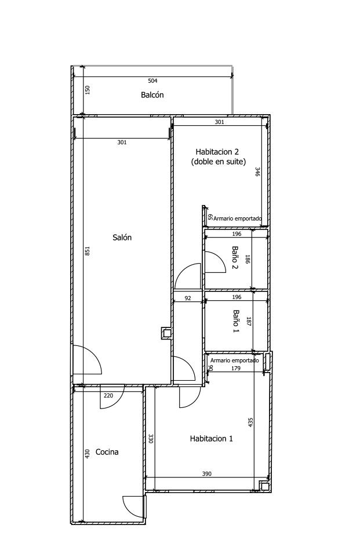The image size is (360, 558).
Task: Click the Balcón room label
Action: [152, 94]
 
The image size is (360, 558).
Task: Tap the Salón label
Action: [122, 238]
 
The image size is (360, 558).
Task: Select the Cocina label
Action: [107, 452]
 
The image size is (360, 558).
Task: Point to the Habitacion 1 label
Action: [211, 439]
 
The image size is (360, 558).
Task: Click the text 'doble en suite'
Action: [219, 162]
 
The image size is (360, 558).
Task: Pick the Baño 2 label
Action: [235, 258]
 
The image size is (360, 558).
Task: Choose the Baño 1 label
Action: [236, 321]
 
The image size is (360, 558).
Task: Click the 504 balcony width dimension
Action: [152, 81]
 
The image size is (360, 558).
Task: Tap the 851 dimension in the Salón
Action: [88, 251]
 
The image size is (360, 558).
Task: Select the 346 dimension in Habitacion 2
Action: [257, 172]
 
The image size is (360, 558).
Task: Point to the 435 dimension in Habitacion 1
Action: [250, 422]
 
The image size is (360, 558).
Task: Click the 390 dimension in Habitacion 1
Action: [206, 473]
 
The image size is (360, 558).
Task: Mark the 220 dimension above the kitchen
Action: [108, 395]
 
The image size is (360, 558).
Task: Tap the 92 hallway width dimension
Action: [188, 298]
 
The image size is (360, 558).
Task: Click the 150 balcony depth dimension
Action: [88, 90]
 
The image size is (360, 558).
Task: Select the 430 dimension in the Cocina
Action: [88, 454]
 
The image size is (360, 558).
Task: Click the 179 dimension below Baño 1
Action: [236, 369]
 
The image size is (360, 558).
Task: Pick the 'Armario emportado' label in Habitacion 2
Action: [238, 218]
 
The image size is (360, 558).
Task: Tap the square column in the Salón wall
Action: [166, 333]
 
